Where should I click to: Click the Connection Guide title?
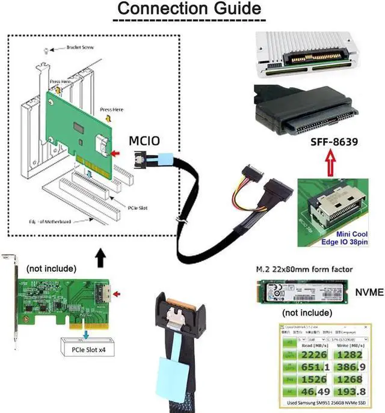pos(188,10)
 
